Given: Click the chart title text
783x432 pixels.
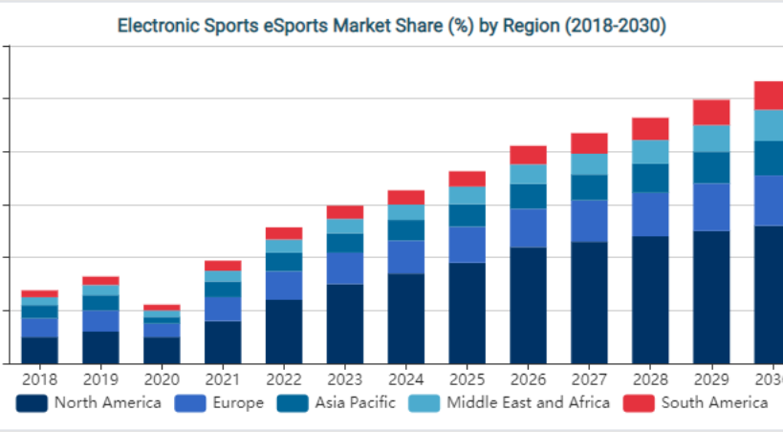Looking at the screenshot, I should tap(391, 26).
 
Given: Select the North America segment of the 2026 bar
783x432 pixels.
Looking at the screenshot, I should tap(528, 305).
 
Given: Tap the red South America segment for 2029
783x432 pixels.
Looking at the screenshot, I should tap(711, 112).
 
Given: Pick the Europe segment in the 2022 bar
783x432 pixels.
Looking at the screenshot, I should tap(283, 285).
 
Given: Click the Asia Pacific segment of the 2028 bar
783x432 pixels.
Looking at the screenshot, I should tap(650, 178).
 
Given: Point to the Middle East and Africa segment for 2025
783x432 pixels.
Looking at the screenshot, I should tap(467, 195).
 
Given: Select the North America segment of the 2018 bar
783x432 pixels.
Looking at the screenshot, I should tap(39, 350).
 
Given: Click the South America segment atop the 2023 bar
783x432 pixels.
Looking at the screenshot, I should tap(344, 212).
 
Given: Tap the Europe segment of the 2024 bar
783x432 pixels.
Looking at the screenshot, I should tap(405, 256).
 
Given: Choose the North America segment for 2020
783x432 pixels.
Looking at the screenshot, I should tap(162, 350).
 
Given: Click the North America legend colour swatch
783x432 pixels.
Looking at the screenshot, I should tap(32, 403).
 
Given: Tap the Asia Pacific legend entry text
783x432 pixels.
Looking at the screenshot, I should tap(355, 403).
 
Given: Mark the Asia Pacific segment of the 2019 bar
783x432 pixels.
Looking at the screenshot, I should tap(100, 302).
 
